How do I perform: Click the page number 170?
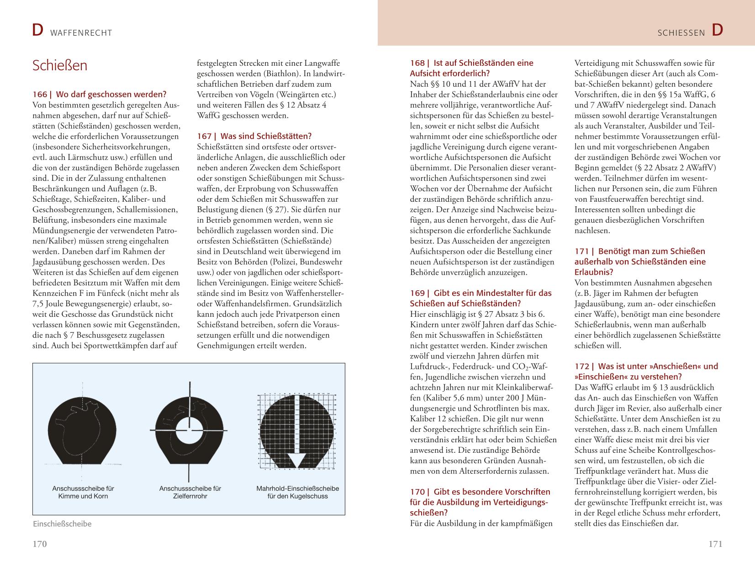click(40, 544)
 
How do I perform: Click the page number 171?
click(715, 544)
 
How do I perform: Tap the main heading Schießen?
click(60, 65)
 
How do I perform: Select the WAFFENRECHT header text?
click(81, 33)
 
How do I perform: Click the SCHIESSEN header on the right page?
click(681, 33)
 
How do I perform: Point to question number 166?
click(40, 94)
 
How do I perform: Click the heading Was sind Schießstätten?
click(266, 136)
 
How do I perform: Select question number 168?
click(417, 63)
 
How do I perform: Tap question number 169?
click(417, 293)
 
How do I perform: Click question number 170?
click(417, 492)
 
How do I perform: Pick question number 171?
click(581, 251)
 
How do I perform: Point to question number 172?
click(581, 366)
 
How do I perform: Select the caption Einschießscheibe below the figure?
click(62, 524)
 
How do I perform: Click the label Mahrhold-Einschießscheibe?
click(297, 488)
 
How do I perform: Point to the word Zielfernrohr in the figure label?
click(190, 496)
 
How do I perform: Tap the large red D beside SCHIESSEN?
click(717, 31)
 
